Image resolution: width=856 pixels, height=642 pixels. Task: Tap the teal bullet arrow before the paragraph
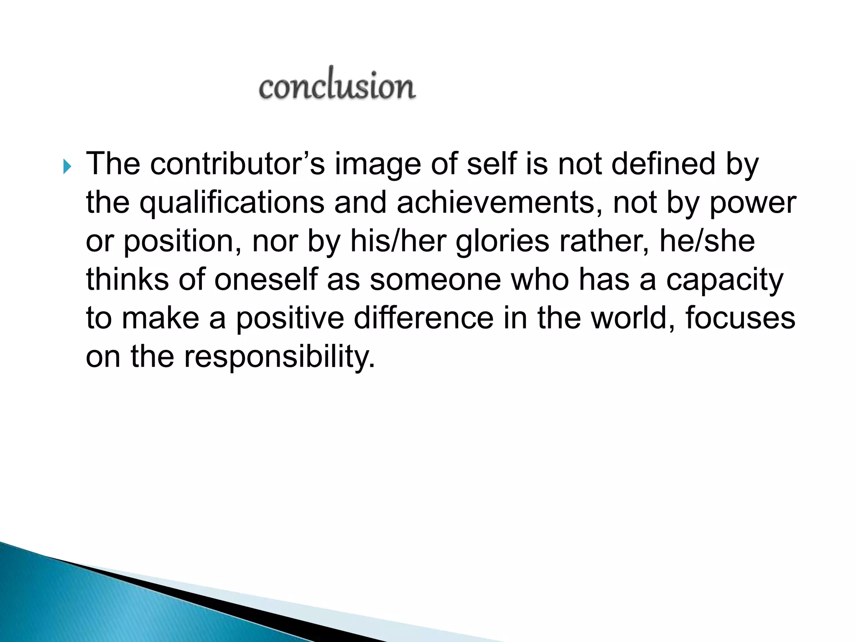tap(67, 167)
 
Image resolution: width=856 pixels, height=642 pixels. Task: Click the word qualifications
tap(232, 203)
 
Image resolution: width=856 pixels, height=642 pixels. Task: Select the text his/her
tap(398, 241)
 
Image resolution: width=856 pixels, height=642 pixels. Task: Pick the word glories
tap(502, 242)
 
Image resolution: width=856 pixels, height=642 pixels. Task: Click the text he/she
tap(707, 241)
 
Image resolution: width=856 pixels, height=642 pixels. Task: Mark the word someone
tap(435, 280)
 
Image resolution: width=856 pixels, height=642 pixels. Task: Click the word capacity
tap(724, 280)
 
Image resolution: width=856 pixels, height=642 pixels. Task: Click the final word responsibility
tap(279, 357)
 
